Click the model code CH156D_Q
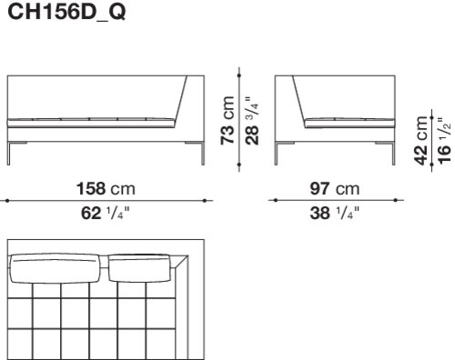[66, 12]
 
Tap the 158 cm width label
[106, 188]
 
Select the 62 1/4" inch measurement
[105, 213]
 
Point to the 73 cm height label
[227, 120]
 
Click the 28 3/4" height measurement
[252, 121]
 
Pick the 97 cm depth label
[335, 188]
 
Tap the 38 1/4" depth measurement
[334, 213]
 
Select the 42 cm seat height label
[421, 140]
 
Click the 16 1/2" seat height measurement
[444, 141]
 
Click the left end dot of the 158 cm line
[7, 200]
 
